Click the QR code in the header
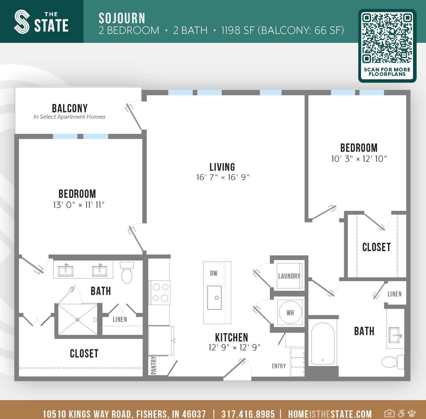(x=387, y=38)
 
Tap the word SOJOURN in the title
(x=122, y=18)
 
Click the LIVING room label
(x=222, y=167)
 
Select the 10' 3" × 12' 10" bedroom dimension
(x=359, y=159)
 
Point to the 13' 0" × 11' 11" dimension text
(x=79, y=205)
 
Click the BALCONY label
(x=70, y=108)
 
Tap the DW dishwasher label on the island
(x=214, y=273)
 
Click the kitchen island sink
(x=214, y=297)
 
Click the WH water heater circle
(x=290, y=312)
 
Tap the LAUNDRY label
(x=289, y=276)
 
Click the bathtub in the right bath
(x=322, y=344)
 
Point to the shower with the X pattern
(x=78, y=319)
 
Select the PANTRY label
(x=153, y=365)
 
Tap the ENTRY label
(x=279, y=366)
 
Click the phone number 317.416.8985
(x=248, y=414)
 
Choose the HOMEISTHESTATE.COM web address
(x=329, y=414)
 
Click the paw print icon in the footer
(x=412, y=413)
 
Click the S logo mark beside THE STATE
(x=22, y=22)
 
